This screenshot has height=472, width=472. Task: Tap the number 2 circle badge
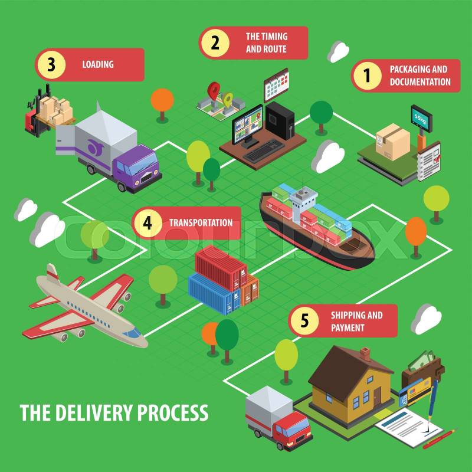215,42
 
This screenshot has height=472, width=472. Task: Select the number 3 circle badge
51,65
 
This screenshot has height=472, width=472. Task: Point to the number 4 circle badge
148,223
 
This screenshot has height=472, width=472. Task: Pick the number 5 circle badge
304,320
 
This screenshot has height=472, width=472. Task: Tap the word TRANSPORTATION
201,223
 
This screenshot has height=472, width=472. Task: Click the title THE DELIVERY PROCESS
114,412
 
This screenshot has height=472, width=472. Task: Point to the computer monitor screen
250,124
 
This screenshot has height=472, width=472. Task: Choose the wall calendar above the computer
276,84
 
